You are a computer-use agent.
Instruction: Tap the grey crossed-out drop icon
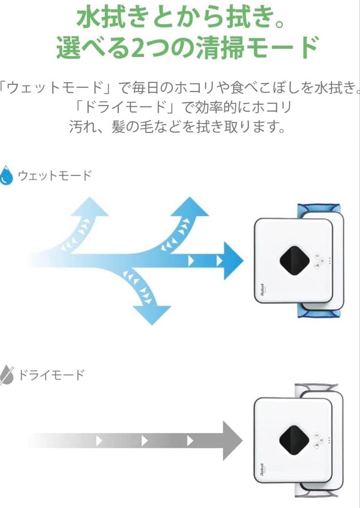click(x=7, y=375)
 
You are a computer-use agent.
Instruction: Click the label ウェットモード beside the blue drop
click(x=55, y=176)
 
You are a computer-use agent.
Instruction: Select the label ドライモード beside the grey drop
click(x=51, y=375)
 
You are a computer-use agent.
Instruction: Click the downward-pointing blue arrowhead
click(x=152, y=314)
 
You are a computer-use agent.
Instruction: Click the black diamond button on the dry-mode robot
click(x=294, y=440)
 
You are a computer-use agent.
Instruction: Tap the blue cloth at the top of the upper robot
click(x=319, y=208)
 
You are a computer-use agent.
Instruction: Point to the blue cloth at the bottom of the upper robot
click(x=320, y=313)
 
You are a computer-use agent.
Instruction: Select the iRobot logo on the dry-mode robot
click(x=259, y=470)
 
